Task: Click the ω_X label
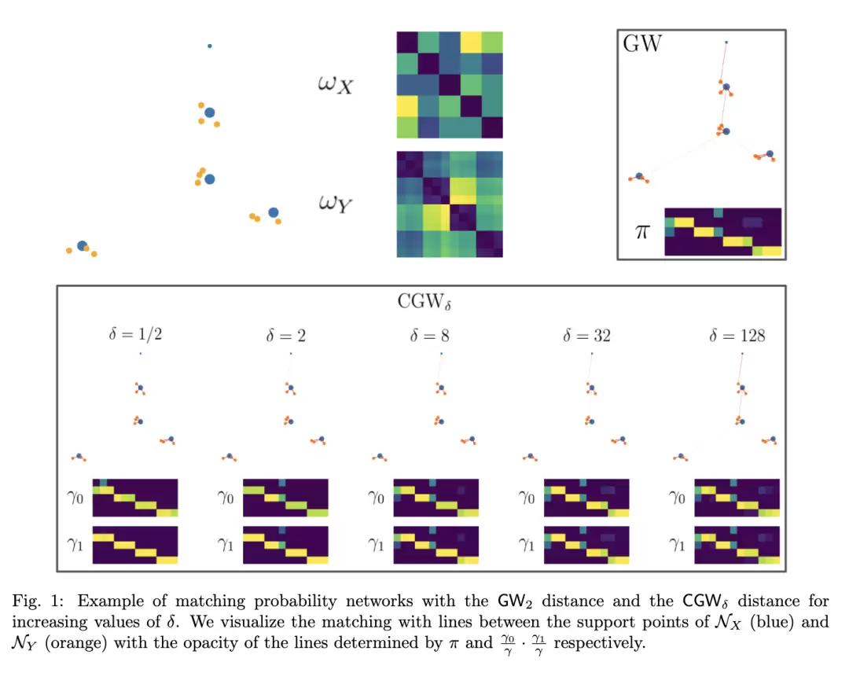(x=335, y=85)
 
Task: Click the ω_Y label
(x=335, y=204)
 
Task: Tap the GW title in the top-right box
(x=642, y=43)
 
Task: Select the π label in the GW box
(x=642, y=232)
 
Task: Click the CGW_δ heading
(x=424, y=302)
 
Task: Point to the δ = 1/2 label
(x=135, y=334)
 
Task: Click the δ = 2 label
(x=286, y=336)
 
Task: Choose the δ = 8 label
(x=429, y=336)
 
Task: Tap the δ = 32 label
(x=586, y=336)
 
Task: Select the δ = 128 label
(x=737, y=336)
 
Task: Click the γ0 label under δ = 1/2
(x=75, y=497)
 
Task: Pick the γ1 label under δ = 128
(x=677, y=544)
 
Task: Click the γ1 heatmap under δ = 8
(x=436, y=545)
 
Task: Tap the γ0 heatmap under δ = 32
(x=586, y=498)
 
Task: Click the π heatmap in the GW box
(x=723, y=232)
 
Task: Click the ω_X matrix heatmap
(x=450, y=85)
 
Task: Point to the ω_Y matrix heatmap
(x=450, y=204)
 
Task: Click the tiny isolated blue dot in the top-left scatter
(x=210, y=46)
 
